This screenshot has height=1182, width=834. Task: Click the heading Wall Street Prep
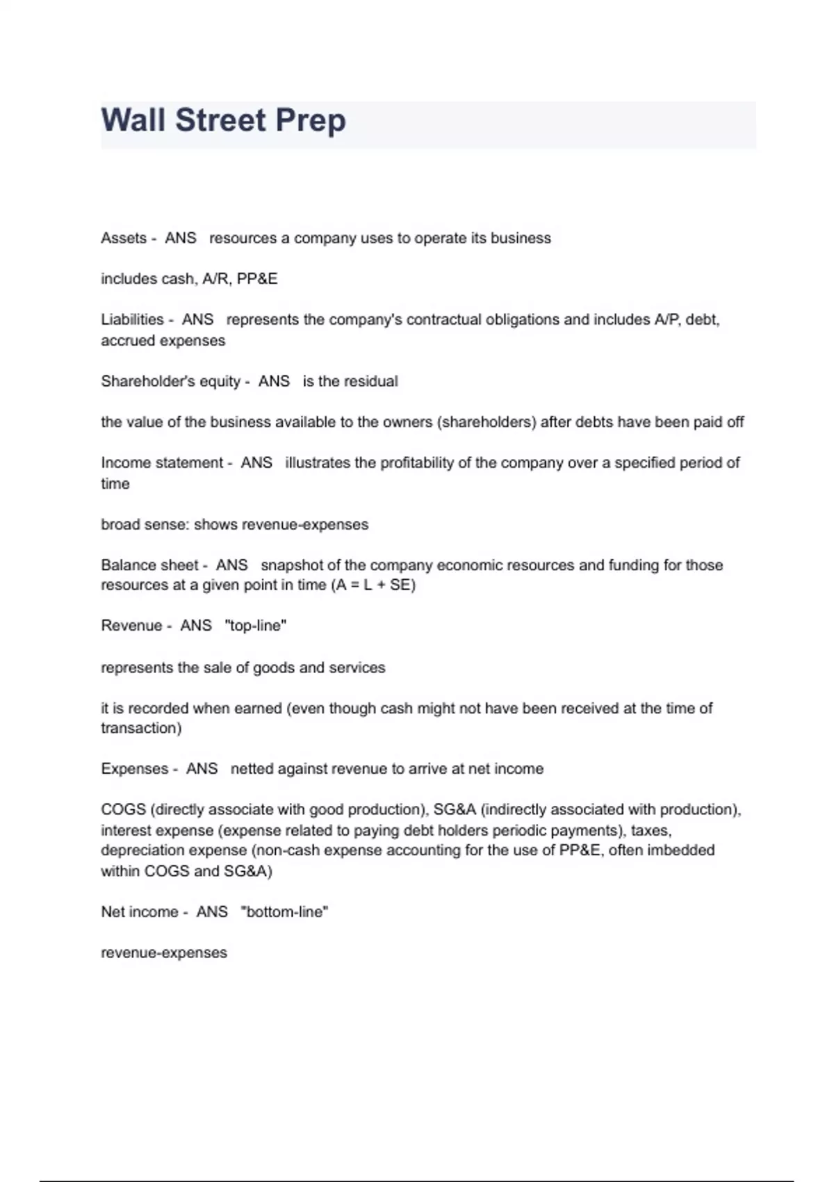click(223, 120)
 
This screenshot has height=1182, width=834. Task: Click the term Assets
click(124, 238)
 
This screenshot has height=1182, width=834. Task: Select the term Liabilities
click(132, 320)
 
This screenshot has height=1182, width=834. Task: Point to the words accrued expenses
click(163, 341)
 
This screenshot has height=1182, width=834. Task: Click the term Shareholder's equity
click(170, 381)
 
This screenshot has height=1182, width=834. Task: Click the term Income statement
click(162, 463)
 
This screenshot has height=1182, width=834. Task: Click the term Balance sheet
click(149, 565)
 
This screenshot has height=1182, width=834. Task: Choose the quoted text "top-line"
click(255, 626)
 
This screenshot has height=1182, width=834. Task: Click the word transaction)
click(141, 729)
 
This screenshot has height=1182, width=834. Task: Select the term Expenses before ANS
click(135, 769)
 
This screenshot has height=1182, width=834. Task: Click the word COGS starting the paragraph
click(123, 810)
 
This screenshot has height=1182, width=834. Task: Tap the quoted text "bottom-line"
click(284, 912)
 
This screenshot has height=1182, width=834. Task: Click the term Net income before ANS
click(140, 912)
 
